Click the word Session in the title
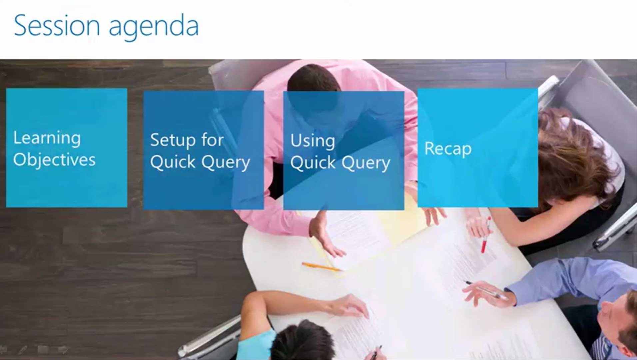coord(57,26)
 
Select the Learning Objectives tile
coord(67,148)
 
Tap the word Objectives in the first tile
coord(54,160)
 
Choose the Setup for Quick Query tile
coord(204,150)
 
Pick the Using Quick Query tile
coord(343,150)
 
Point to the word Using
coord(313,141)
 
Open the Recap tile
coord(477,148)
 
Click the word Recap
coord(448,149)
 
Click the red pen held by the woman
coord(485,235)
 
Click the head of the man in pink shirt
coord(313,87)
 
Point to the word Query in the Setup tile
coord(226,163)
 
